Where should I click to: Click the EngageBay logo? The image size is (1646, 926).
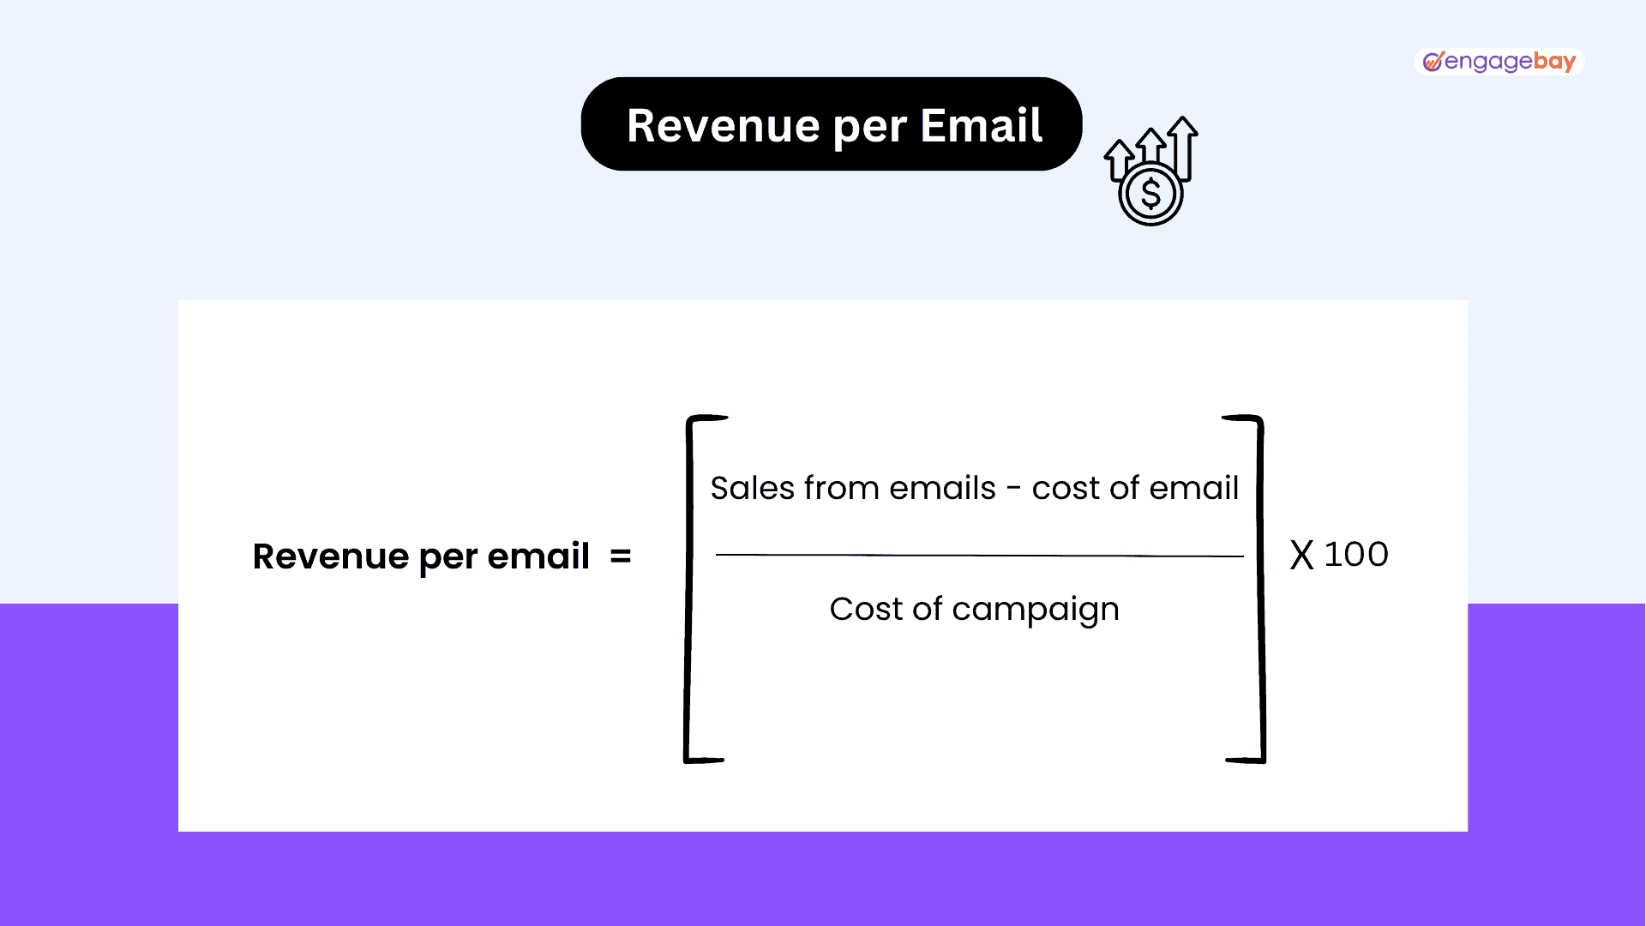pyautogui.click(x=1499, y=62)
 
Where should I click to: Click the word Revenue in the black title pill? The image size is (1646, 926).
pyautogui.click(x=724, y=125)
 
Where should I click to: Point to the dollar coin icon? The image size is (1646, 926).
pyautogui.click(x=1150, y=194)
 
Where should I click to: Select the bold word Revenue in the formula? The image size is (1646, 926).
pyautogui.click(x=331, y=556)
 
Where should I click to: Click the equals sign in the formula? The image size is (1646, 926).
pyautogui.click(x=621, y=557)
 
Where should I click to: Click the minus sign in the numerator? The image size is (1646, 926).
pyautogui.click(x=1014, y=490)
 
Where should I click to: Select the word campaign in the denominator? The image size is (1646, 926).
pyautogui.click(x=1036, y=610)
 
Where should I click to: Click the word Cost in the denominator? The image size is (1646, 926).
pyautogui.click(x=866, y=609)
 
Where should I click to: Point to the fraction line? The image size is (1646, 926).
pyautogui.click(x=979, y=556)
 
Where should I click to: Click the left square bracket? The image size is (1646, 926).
pyautogui.click(x=688, y=589)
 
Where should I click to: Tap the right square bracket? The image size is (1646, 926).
pyautogui.click(x=1260, y=589)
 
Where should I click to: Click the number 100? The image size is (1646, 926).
pyautogui.click(x=1356, y=555)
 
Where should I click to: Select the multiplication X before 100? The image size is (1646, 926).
pyautogui.click(x=1301, y=555)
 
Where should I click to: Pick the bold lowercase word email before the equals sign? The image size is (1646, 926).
pyautogui.click(x=538, y=556)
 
